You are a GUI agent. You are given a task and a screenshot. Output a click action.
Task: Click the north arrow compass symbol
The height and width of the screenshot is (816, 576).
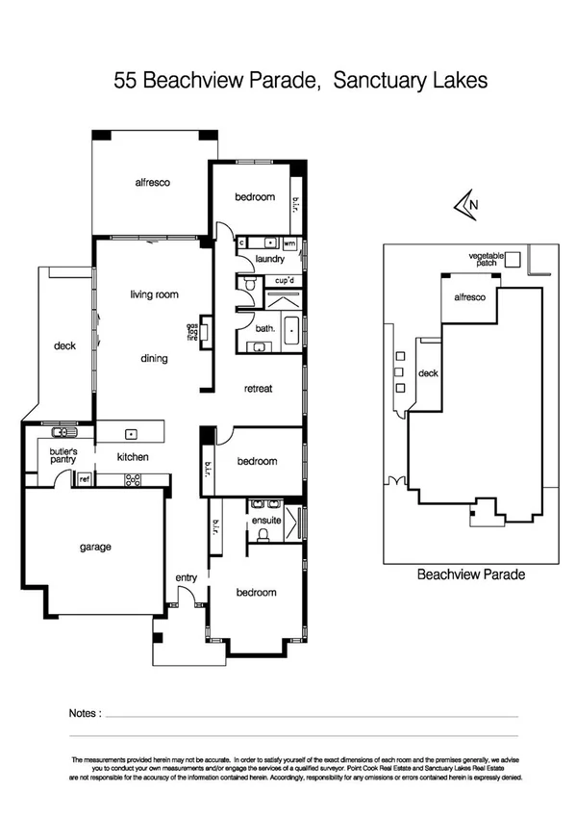(466, 204)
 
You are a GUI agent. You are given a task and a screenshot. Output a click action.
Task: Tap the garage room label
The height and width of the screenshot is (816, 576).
(95, 548)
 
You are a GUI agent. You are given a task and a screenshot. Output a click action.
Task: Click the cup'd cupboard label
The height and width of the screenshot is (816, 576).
(284, 280)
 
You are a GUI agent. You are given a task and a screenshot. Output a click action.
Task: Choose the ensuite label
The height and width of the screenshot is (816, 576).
(265, 520)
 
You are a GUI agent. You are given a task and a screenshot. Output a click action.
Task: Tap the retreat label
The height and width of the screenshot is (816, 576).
(259, 389)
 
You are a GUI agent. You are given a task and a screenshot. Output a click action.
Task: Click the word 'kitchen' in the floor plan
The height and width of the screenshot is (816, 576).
(132, 457)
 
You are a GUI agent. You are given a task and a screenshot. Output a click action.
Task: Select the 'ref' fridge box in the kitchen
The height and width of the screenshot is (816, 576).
(84, 478)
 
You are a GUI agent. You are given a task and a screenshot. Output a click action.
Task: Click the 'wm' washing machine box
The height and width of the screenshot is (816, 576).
(288, 242)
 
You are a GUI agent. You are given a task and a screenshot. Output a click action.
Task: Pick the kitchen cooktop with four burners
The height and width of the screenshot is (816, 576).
(133, 478)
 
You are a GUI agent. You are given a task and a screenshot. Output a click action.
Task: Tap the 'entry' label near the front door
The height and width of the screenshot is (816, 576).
(186, 577)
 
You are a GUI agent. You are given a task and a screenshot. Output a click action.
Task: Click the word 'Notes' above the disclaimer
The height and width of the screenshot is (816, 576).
(84, 713)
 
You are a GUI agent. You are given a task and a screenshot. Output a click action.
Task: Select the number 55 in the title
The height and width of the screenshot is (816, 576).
(125, 82)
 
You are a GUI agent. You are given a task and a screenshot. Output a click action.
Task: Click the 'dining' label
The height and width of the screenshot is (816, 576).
(153, 359)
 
